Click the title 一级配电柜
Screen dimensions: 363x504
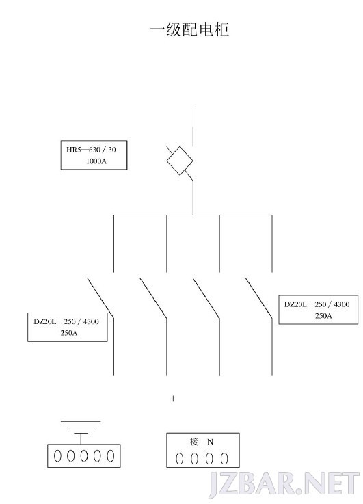189,29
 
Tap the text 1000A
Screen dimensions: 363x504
96,161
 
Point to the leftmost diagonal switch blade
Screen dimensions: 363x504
100,297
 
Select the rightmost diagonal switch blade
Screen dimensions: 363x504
259,297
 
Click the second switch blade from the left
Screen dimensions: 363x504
153,297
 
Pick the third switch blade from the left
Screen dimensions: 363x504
206,297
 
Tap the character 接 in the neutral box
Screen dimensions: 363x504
194,442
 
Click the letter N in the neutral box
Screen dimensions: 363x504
210,442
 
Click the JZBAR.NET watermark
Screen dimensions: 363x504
284,484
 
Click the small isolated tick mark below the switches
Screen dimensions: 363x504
174,399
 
